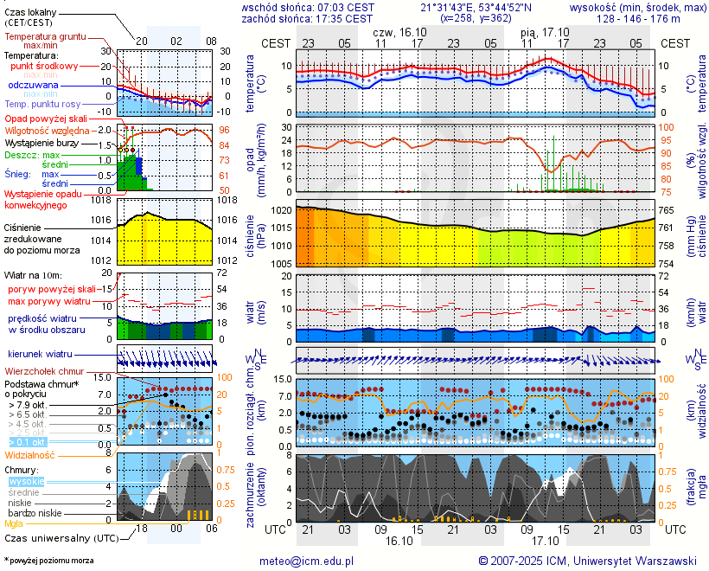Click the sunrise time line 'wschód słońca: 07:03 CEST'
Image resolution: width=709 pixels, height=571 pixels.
coord(307,6)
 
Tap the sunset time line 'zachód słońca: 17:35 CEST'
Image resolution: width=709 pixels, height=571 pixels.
coord(307,17)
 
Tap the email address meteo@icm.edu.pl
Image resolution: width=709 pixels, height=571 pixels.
coord(307,561)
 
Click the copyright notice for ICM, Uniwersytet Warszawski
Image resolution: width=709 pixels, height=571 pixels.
coord(588,561)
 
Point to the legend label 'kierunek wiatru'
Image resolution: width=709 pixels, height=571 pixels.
coord(41,355)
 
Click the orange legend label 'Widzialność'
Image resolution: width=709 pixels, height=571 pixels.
coord(30,454)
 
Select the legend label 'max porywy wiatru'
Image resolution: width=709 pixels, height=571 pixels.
coord(49,301)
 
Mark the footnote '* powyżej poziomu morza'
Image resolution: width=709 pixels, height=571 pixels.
coord(48,561)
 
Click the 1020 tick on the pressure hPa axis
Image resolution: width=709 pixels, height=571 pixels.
coord(281,210)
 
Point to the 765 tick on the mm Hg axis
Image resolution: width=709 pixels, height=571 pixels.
coord(667,210)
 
